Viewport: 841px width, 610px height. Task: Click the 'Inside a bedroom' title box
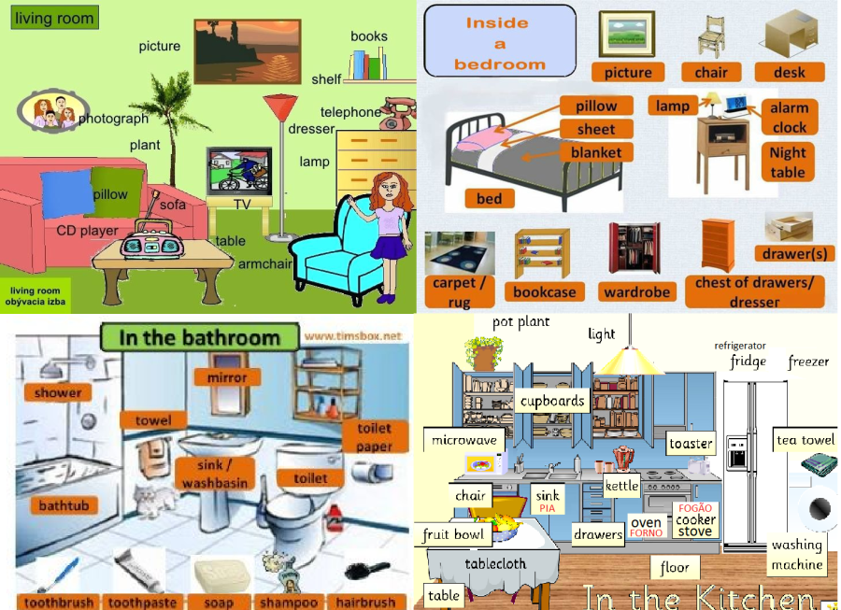pos(499,42)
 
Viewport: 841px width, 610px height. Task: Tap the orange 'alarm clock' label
pos(789,118)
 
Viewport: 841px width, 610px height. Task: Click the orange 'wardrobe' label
pos(636,292)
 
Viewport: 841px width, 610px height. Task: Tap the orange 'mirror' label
pos(227,377)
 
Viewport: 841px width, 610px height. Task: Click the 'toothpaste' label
pos(142,603)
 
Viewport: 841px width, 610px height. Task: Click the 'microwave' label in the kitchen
pos(465,439)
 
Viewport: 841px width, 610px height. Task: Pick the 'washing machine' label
pos(797,555)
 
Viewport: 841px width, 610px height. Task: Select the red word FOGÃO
pos(694,507)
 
